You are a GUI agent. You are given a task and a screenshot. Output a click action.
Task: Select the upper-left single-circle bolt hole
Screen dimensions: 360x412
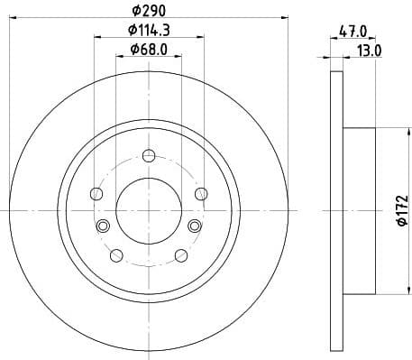point(97,192)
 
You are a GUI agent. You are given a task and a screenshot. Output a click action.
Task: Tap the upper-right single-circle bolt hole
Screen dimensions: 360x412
point(200,192)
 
